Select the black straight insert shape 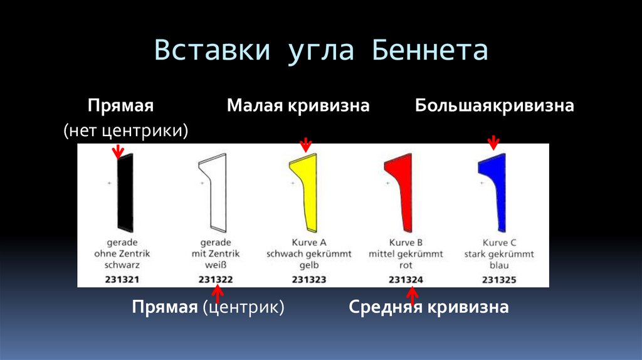[124, 191]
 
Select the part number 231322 [216, 280]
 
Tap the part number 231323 [308, 280]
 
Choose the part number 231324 [405, 280]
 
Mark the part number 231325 [499, 280]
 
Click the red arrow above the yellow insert [305, 145]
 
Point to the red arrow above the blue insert [493, 143]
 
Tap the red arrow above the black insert [117, 151]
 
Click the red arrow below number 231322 [217, 293]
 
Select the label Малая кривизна [298, 105]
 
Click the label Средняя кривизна [428, 307]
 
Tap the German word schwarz [124, 265]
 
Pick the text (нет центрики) [125, 130]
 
